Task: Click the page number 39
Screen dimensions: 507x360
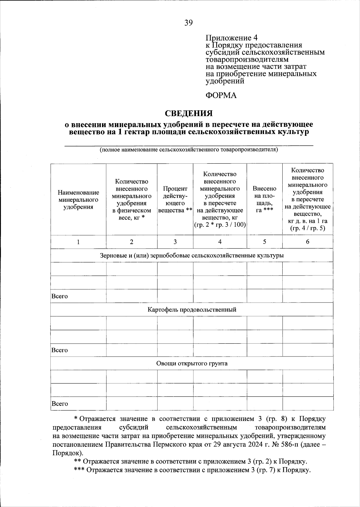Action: tap(189, 23)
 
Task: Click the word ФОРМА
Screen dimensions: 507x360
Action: tap(221, 95)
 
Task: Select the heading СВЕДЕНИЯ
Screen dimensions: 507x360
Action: tap(189, 113)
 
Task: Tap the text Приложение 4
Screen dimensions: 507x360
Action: tap(231, 38)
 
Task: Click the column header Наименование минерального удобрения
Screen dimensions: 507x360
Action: tap(78, 200)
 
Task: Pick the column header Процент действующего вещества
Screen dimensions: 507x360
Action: tap(175, 200)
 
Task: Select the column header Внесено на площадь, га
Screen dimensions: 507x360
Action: tap(264, 199)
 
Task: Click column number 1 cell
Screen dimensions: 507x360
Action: tap(78, 242)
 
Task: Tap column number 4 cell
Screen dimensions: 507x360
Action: tap(220, 242)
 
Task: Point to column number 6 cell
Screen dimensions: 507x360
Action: tap(307, 242)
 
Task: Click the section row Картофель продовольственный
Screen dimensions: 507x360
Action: tap(192, 310)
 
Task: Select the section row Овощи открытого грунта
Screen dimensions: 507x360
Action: tap(192, 364)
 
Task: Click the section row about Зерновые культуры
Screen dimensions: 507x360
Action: tap(192, 256)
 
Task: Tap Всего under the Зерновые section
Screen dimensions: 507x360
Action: tap(60, 296)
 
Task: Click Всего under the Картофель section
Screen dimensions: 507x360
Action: tap(60, 350)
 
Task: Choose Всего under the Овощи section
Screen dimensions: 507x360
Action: tap(60, 404)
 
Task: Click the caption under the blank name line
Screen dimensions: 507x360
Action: tap(189, 150)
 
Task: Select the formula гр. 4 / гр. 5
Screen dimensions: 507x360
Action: tap(307, 228)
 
